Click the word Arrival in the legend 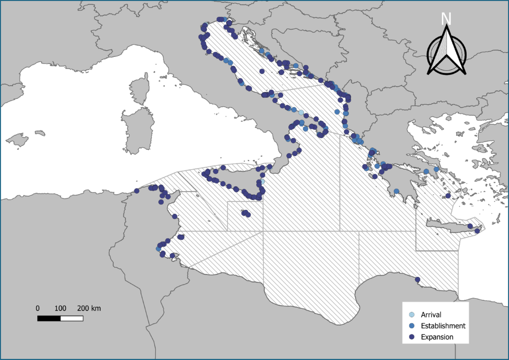431,315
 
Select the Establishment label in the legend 443,326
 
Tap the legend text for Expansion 437,337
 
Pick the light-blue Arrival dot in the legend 411,315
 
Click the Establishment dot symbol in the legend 411,326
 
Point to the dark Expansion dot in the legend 411,337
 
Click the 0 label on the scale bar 38,308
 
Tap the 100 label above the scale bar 60,308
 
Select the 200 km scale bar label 89,308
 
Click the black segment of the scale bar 49,318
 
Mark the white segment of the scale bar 71,318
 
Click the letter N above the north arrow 446,19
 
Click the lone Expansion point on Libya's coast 417,279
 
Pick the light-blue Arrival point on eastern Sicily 262,181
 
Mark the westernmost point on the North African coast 137,191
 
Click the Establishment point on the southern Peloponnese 396,191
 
